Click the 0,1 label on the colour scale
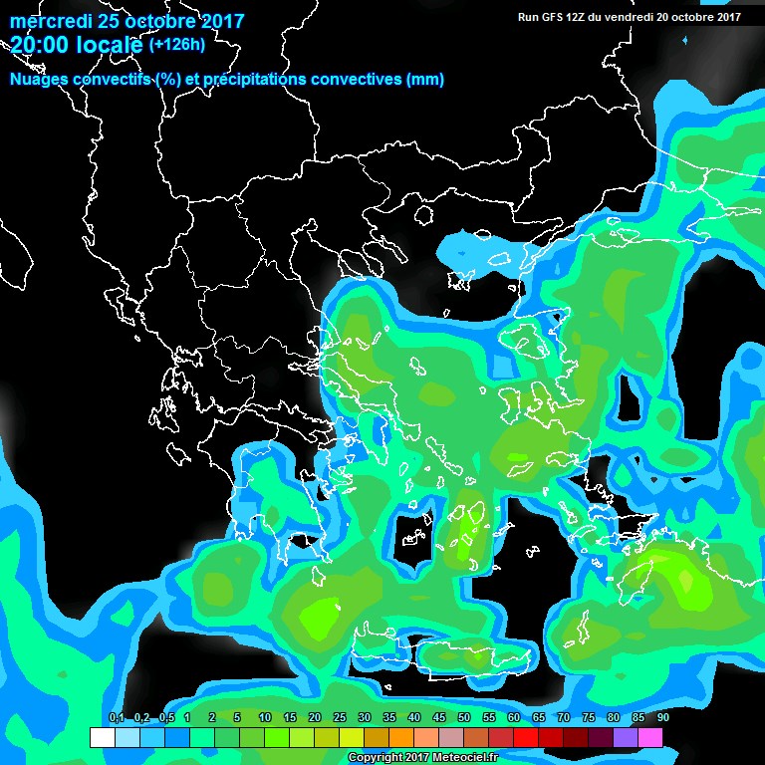point(116,718)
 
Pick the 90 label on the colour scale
point(663,718)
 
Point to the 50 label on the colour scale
point(464,718)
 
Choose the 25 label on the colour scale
point(339,718)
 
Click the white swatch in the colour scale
point(102,738)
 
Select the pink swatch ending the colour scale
point(650,738)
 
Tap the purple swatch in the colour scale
point(626,738)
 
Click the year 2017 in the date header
point(218,20)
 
